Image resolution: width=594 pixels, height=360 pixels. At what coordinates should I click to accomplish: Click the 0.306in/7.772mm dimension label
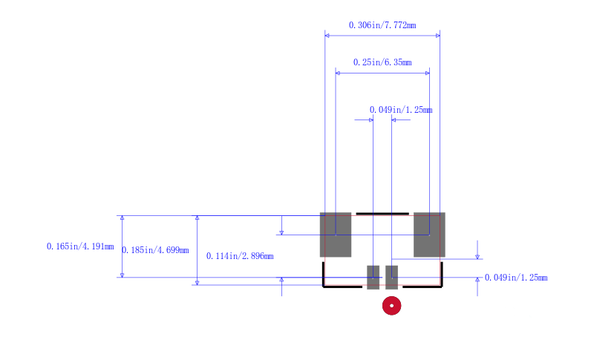[x=382, y=25]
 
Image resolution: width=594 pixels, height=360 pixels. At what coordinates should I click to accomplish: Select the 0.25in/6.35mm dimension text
[x=382, y=62]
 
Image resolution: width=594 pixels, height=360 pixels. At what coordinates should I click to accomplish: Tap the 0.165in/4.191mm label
[x=80, y=246]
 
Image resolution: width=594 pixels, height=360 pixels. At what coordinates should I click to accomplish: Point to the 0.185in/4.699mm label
[x=155, y=250]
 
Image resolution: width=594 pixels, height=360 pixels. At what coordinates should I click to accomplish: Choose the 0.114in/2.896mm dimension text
[x=240, y=256]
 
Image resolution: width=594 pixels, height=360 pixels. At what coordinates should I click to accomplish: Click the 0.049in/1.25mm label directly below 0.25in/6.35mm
[x=401, y=110]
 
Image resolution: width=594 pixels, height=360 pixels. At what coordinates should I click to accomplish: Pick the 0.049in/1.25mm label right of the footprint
[x=516, y=278]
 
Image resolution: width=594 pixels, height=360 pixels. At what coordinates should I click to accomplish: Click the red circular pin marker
[x=392, y=306]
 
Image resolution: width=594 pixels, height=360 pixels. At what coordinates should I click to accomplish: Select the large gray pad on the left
[x=336, y=235]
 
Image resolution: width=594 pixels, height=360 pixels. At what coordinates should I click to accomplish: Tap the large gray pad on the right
[x=429, y=235]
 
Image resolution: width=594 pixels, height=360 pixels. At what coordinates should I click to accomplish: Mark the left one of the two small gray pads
[x=373, y=278]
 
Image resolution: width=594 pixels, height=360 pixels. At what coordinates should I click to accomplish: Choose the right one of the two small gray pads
[x=392, y=278]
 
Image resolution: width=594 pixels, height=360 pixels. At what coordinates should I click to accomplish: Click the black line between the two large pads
[x=382, y=214]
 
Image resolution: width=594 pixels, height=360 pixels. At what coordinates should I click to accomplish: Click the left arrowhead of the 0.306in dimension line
[x=327, y=36]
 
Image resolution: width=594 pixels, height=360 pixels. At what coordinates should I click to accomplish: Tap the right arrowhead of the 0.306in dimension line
[x=438, y=36]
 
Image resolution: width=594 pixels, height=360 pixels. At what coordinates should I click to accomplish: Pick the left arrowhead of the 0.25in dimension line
[x=338, y=73]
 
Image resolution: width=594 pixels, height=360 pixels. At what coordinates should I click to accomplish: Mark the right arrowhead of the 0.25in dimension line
[x=428, y=73]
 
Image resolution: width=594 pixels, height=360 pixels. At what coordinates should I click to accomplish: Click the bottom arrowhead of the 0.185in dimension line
[x=197, y=283]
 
